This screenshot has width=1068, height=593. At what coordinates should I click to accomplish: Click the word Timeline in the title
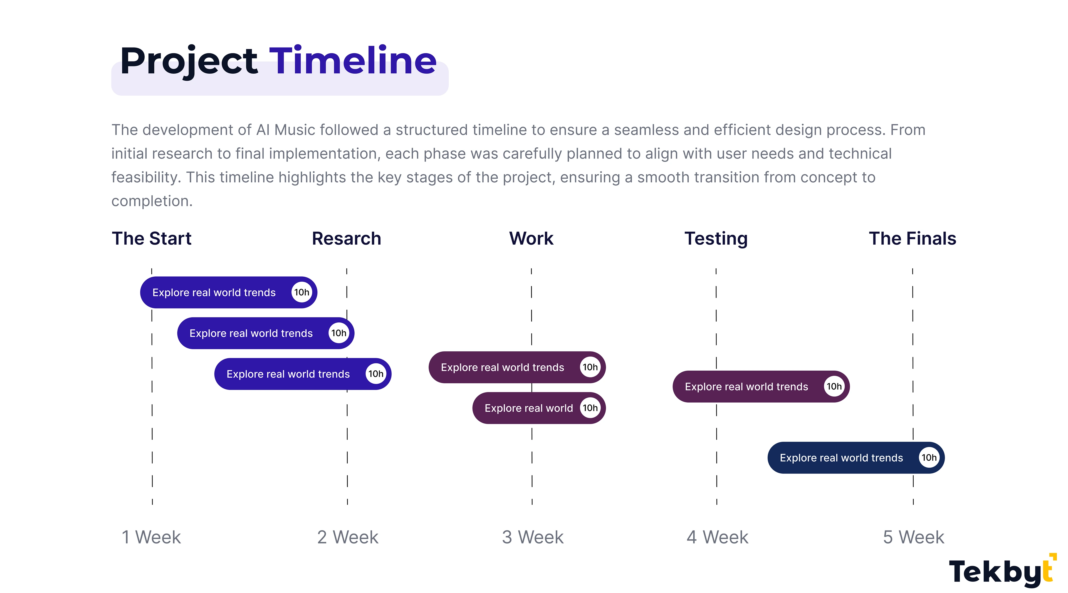353,61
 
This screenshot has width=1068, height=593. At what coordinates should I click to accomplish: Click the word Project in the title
189,62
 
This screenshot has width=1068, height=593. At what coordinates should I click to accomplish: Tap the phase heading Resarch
346,239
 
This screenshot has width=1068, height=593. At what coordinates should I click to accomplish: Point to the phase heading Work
531,239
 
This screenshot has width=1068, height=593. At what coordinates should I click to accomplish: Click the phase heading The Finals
913,239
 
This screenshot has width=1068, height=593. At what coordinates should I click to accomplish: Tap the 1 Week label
151,537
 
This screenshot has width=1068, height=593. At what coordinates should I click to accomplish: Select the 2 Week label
347,537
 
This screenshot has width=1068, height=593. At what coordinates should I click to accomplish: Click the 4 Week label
717,537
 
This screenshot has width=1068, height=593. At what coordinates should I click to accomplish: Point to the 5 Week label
913,537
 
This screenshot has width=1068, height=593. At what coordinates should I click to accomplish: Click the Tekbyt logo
1002,571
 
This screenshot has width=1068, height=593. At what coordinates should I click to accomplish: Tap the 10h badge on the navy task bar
929,458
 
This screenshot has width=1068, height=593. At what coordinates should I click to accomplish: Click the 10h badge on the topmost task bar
301,292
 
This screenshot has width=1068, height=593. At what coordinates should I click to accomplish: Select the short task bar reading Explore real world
539,408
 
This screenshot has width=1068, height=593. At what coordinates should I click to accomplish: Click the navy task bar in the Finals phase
856,458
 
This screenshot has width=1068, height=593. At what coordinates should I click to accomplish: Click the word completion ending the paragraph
152,201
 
